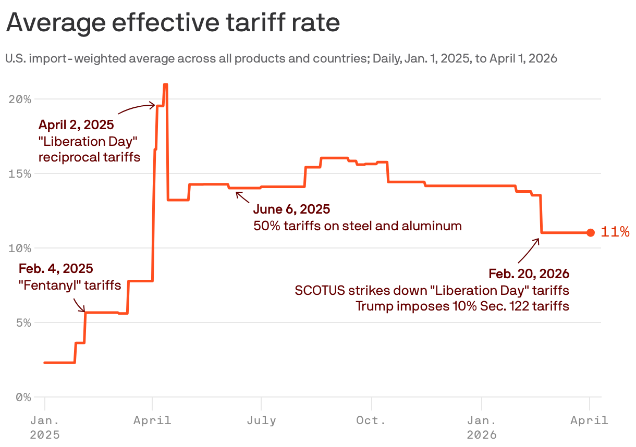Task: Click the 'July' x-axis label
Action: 261,420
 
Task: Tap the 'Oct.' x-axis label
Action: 371,420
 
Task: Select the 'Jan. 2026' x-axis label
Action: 482,427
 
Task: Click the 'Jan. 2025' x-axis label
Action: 45,427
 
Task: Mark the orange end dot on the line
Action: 590,233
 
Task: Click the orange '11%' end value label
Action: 615,232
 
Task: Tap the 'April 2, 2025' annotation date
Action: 76,125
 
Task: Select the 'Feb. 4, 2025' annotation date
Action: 56,269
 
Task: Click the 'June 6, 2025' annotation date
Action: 291,209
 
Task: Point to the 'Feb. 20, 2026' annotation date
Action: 529,274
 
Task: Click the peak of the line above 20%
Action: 165,84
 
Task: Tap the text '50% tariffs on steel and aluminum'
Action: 357,226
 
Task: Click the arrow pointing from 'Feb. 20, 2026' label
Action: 529,251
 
